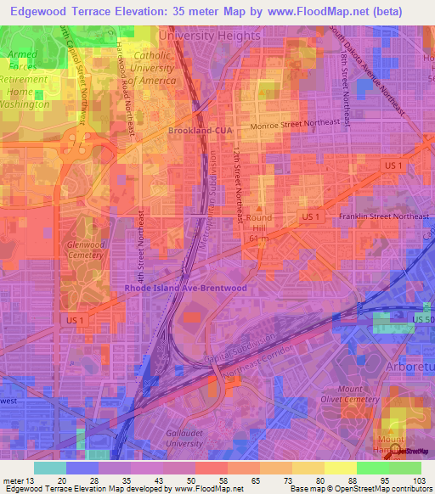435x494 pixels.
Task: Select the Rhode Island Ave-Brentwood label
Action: point(186,289)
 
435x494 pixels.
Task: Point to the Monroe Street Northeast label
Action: point(300,123)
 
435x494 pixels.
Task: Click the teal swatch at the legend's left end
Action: point(50,468)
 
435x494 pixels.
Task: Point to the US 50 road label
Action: point(422,317)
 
